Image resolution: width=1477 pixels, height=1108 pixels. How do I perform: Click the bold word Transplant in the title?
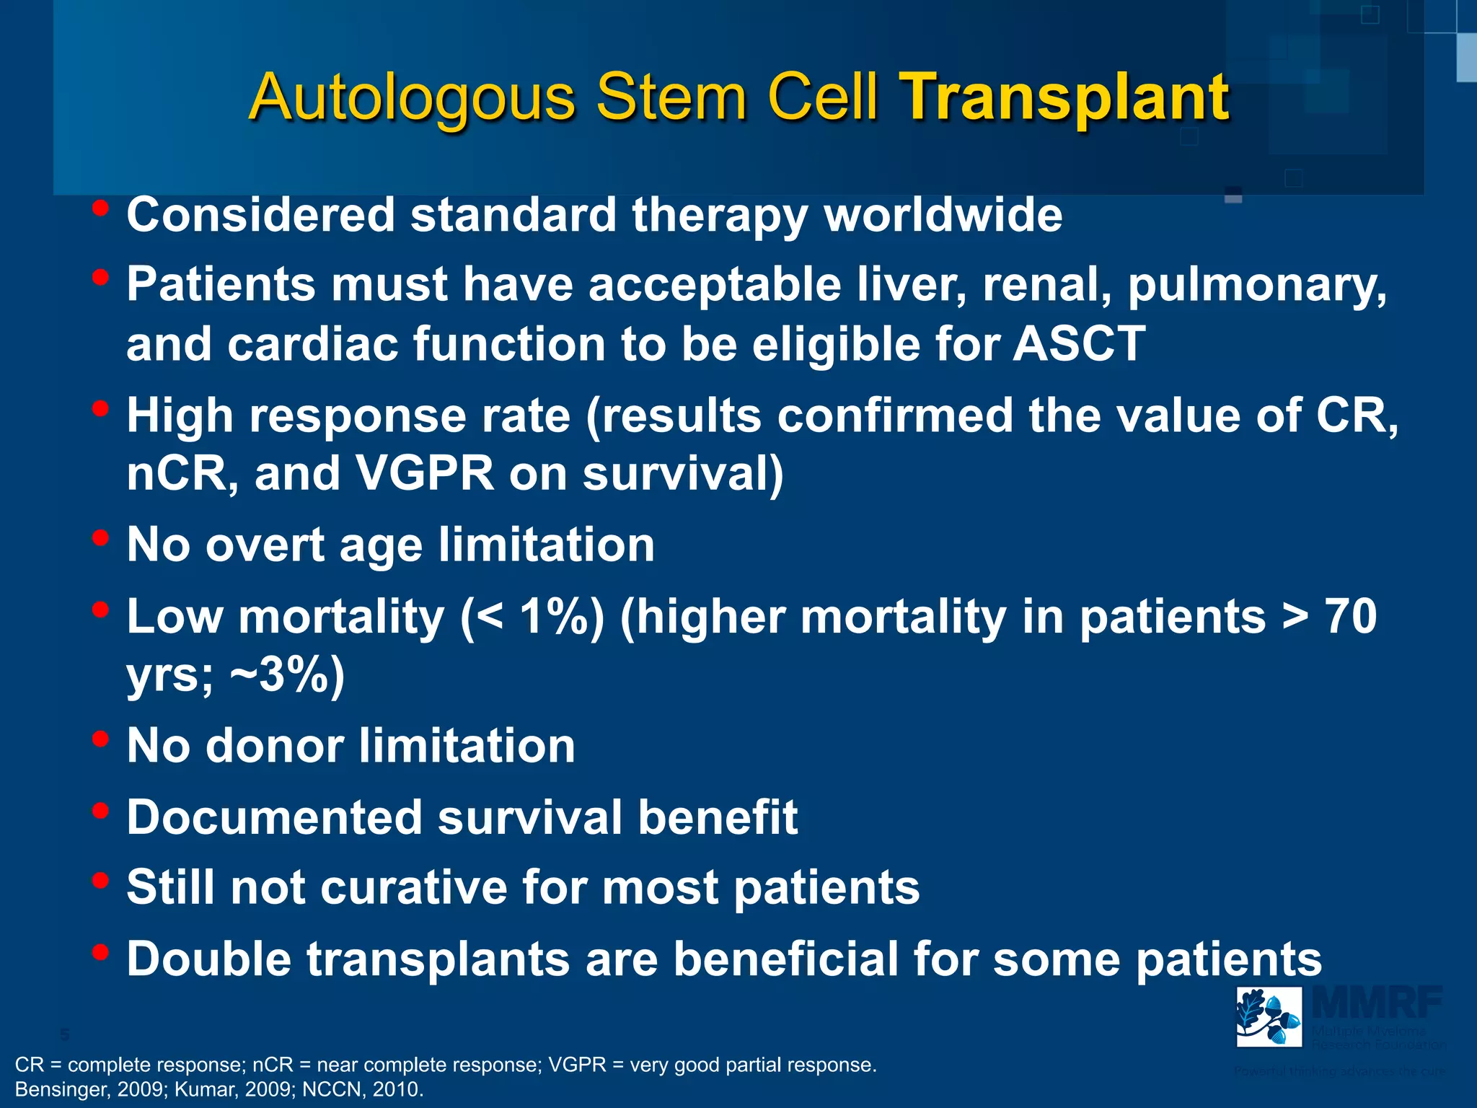[1066, 97]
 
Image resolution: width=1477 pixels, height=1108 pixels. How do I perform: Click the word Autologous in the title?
[412, 97]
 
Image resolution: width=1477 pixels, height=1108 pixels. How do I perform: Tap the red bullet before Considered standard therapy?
[100, 208]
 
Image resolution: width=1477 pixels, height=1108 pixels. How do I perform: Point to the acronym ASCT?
[1079, 343]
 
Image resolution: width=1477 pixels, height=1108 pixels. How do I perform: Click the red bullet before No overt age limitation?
[100, 537]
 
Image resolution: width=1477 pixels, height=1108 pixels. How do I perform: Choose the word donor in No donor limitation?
[275, 745]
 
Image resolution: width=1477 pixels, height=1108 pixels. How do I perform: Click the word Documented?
[274, 817]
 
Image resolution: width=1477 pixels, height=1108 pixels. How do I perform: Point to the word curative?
[413, 887]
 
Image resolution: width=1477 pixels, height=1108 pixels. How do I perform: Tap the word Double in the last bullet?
[210, 959]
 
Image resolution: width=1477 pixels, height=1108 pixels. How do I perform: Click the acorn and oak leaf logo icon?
[1269, 1016]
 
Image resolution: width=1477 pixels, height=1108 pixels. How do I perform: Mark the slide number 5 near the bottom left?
[65, 1035]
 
